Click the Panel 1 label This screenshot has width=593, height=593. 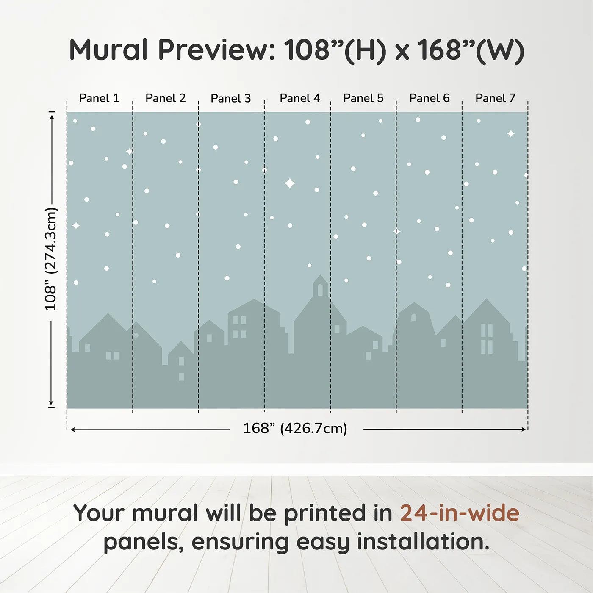99,98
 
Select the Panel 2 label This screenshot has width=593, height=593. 165,98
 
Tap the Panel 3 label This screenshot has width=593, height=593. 231,98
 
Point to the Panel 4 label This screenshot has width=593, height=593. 299,98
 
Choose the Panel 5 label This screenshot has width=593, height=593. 363,98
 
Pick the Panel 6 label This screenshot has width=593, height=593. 429,98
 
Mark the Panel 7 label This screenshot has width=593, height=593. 495,98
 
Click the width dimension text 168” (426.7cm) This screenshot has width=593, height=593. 295,429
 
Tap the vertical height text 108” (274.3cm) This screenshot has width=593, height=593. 51,259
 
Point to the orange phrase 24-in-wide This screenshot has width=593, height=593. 460,513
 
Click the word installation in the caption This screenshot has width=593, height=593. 423,542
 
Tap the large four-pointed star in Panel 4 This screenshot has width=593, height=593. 290,183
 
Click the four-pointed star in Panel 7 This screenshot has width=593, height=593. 511,134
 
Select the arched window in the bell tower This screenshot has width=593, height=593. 320,290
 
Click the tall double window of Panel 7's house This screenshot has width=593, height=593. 487,338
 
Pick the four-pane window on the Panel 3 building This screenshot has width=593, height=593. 240,327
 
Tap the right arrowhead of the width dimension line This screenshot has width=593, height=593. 524,430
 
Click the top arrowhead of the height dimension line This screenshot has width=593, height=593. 52,116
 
